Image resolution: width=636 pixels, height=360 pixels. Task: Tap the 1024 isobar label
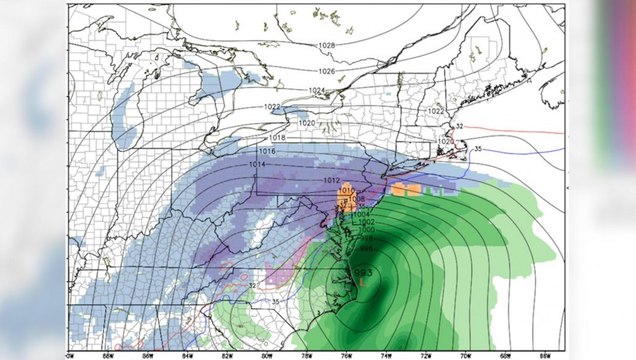316,91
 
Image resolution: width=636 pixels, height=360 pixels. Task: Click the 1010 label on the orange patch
347,190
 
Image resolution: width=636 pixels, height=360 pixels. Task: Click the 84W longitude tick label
186,354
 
